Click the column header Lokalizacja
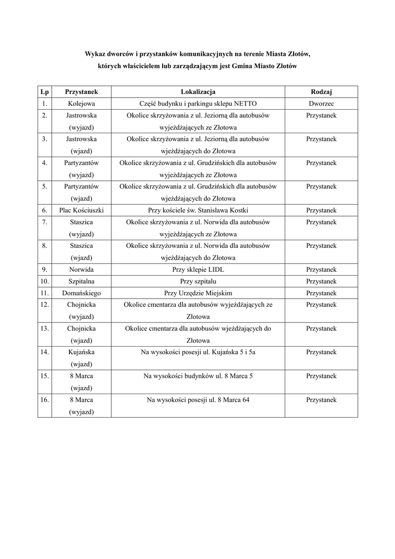coord(198,92)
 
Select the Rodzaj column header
coord(321,92)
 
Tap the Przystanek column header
coord(81,92)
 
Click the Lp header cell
coord(44,92)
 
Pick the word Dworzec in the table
coord(321,104)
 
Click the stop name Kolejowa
coord(81,104)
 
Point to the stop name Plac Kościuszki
coord(81,210)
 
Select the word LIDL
coord(214,270)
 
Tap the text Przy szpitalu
coord(198,282)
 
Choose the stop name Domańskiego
coord(81,293)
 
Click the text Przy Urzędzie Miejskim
coord(198,293)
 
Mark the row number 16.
coord(44,400)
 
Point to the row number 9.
coord(44,270)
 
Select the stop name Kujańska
coord(81,352)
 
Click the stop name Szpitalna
coord(81,282)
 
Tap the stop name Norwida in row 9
coord(81,270)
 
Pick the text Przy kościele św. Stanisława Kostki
coord(198,210)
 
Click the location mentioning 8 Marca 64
coord(198,400)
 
